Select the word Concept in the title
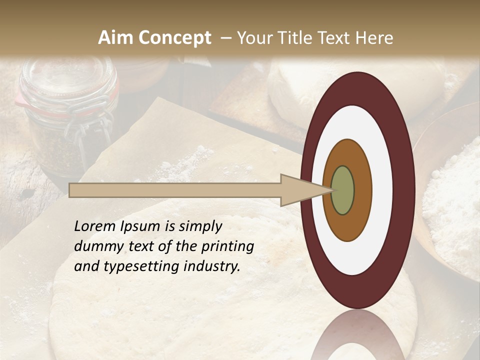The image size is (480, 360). click(x=174, y=38)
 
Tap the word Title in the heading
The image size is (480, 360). click(x=295, y=38)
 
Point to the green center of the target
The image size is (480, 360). click(x=342, y=190)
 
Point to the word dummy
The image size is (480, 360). click(x=96, y=246)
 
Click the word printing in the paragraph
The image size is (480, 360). click(x=227, y=247)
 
